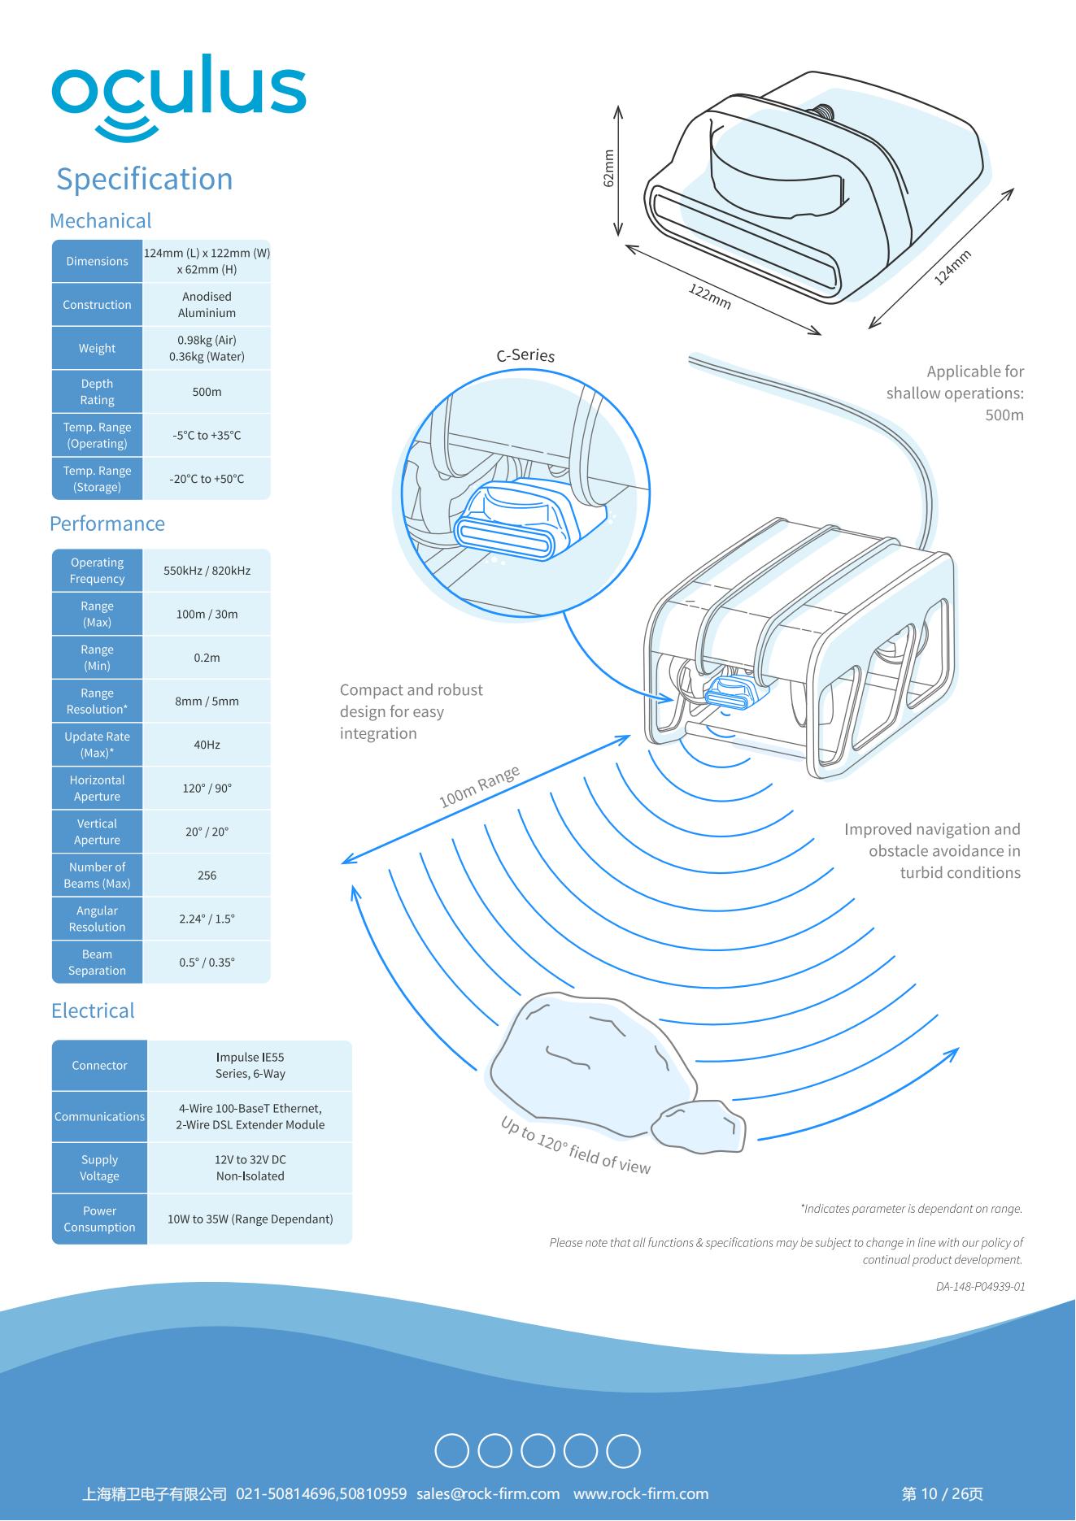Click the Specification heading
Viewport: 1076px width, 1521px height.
(x=144, y=179)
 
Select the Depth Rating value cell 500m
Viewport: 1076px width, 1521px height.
(x=207, y=392)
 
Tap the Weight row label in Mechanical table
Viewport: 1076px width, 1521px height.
(x=97, y=348)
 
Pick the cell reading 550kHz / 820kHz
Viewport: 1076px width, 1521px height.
(x=207, y=571)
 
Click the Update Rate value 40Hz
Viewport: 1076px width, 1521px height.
(x=207, y=745)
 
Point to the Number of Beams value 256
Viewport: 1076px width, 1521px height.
(x=207, y=876)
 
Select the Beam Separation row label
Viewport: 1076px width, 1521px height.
(x=97, y=963)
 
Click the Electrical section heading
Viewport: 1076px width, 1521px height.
(x=93, y=1010)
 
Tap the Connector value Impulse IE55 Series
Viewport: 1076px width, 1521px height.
(x=250, y=1066)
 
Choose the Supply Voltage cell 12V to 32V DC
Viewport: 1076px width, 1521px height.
(x=250, y=1168)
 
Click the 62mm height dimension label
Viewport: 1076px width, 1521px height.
(x=608, y=169)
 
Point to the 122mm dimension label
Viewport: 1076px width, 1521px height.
(x=710, y=297)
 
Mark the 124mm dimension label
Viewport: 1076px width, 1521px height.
(x=952, y=267)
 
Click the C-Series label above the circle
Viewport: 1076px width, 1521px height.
(x=525, y=355)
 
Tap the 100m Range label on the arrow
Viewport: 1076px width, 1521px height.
(x=479, y=786)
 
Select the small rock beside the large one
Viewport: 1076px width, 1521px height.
(x=699, y=1126)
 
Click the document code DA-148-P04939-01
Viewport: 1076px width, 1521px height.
(x=980, y=1287)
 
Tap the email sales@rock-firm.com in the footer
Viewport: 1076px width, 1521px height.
(x=488, y=1494)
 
